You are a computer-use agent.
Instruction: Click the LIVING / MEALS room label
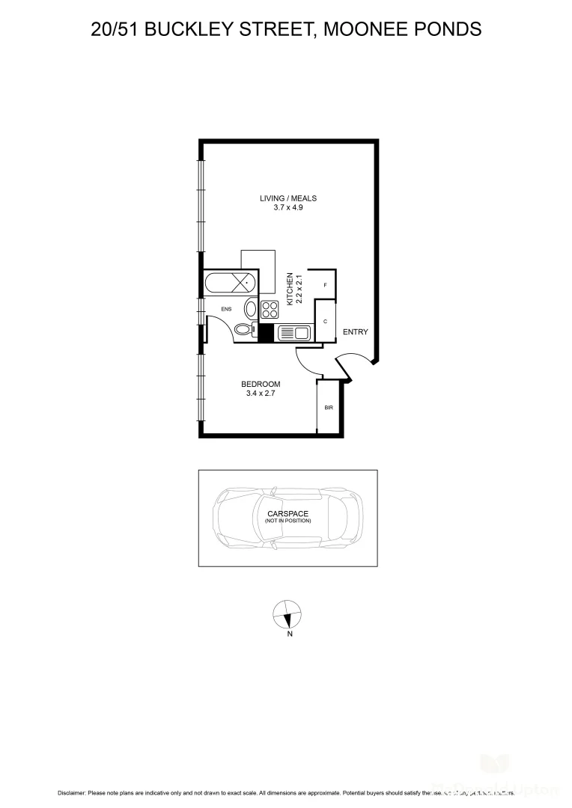[x=288, y=198]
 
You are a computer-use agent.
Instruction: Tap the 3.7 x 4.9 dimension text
[x=288, y=208]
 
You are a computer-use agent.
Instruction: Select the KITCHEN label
[x=290, y=285]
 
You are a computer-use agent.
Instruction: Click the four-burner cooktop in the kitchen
[x=270, y=309]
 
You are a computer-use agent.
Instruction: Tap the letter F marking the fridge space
[x=325, y=286]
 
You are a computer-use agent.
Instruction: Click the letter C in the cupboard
[x=325, y=321]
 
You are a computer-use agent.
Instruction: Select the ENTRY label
[x=355, y=332]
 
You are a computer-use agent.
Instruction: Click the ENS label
[x=226, y=308]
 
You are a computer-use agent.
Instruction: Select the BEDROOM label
[x=261, y=384]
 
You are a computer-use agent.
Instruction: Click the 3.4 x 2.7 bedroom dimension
[x=261, y=394]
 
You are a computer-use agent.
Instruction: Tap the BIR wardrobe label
[x=328, y=408]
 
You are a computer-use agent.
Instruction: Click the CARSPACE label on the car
[x=287, y=513]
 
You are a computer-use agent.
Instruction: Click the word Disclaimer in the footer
[x=71, y=792]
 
